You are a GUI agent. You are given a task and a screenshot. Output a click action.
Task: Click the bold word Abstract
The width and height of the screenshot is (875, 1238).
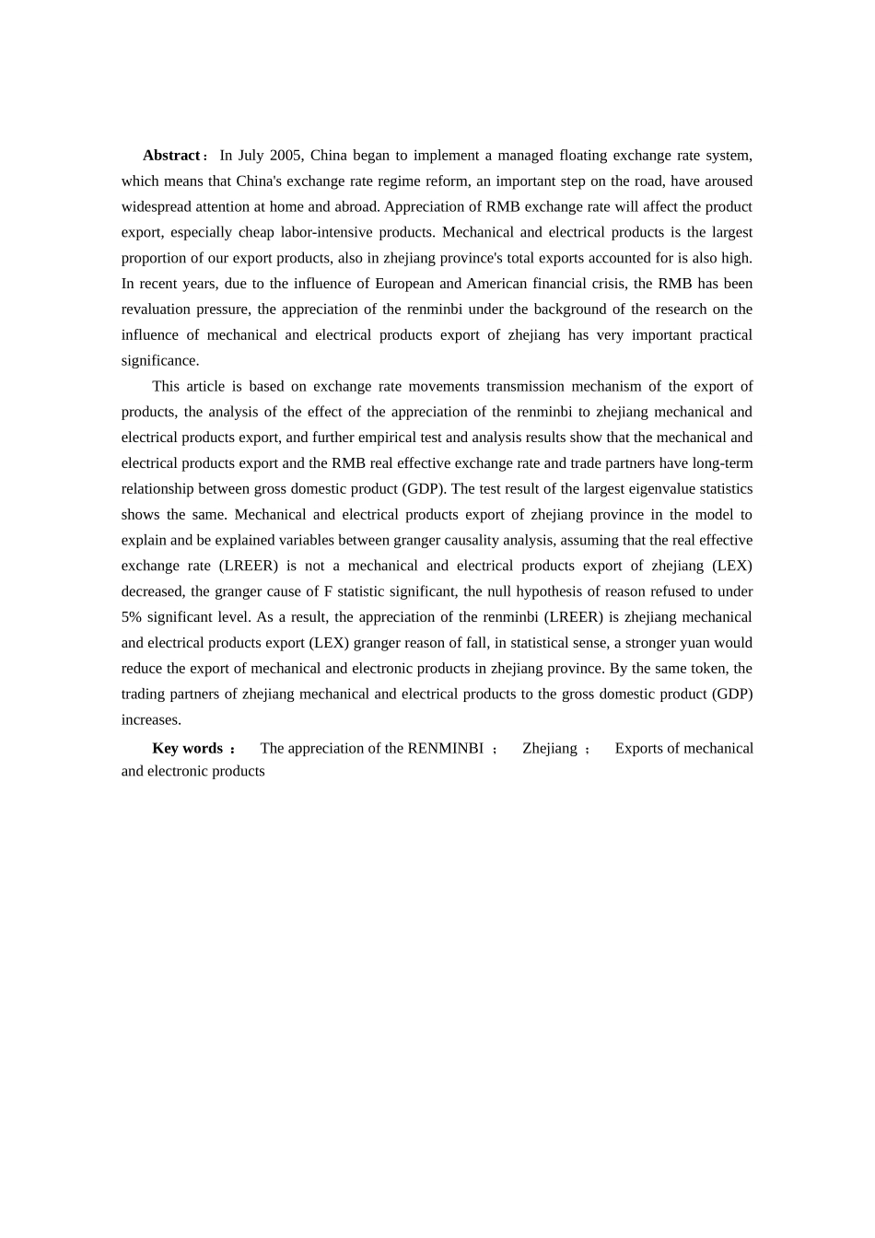click(171, 156)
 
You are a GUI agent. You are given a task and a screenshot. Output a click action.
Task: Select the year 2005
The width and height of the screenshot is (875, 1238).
click(286, 156)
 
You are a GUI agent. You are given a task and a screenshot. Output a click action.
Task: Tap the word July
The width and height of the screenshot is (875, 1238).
click(251, 156)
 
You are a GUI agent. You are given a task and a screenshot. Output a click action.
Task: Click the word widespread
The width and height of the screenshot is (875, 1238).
click(157, 207)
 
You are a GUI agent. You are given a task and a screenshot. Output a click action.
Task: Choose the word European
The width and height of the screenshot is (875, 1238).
click(404, 284)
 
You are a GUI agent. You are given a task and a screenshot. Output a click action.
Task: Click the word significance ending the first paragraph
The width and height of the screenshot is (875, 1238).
click(158, 361)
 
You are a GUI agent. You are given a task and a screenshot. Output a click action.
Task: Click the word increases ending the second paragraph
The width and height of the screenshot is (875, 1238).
click(150, 720)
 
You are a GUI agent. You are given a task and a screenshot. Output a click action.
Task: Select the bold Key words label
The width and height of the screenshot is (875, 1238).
click(188, 749)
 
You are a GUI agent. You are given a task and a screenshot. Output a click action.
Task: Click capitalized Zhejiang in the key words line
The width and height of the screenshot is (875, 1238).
click(550, 749)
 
